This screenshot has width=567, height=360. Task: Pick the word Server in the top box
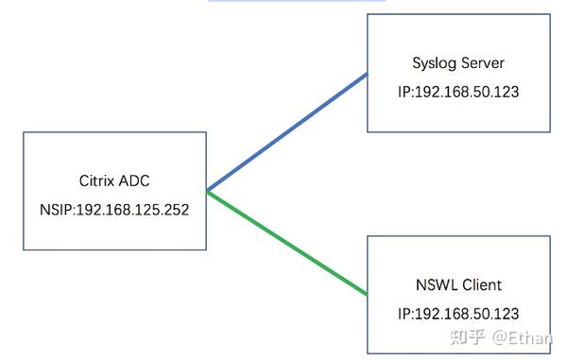click(483, 63)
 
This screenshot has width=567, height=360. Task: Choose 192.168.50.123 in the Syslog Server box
click(470, 94)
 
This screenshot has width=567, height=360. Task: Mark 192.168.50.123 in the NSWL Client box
click(470, 312)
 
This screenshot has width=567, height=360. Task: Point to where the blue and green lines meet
click(207, 192)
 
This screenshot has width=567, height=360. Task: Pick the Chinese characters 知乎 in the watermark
click(470, 337)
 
